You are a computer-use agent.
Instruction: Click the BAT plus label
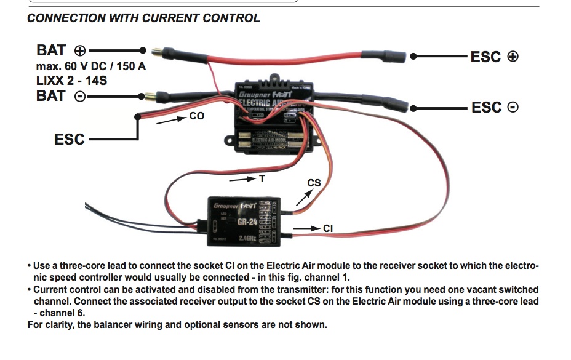(62, 50)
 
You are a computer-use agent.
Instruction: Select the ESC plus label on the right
(494, 57)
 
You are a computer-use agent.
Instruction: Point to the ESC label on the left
(70, 139)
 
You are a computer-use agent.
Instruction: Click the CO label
(197, 116)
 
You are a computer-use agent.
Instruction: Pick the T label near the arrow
(262, 178)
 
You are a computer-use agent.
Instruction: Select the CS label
(314, 183)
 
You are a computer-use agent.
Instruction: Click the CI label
(328, 229)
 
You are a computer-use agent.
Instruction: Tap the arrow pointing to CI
(306, 229)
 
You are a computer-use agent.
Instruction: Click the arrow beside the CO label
(170, 121)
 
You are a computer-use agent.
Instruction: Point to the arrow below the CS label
(303, 198)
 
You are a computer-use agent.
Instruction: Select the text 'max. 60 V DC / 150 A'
(91, 66)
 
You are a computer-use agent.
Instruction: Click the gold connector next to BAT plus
(154, 49)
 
